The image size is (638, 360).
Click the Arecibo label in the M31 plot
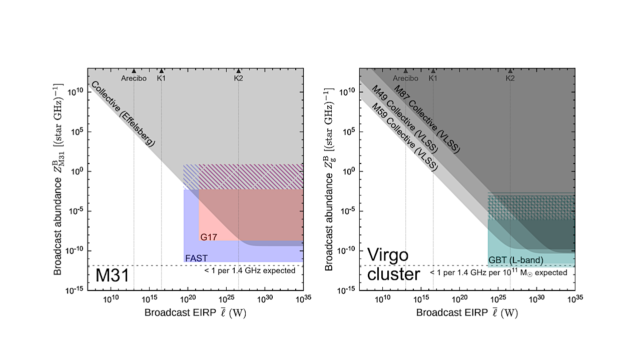pyautogui.click(x=134, y=78)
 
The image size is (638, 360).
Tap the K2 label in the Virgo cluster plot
pyautogui.click(x=510, y=78)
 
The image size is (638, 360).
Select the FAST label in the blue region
pyautogui.click(x=196, y=258)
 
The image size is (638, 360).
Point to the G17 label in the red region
pyautogui.click(x=209, y=237)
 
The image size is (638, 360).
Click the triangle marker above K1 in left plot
pyautogui.click(x=161, y=71)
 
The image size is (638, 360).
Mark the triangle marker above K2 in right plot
pyautogui.click(x=510, y=71)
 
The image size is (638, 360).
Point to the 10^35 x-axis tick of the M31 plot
pyautogui.click(x=303, y=298)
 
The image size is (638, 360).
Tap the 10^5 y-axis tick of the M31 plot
pyautogui.click(x=77, y=132)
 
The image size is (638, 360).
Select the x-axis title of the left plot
pyautogui.click(x=195, y=313)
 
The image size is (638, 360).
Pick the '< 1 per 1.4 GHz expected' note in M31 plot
pyautogui.click(x=250, y=270)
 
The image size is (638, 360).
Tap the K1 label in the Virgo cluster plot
pyautogui.click(x=433, y=78)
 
